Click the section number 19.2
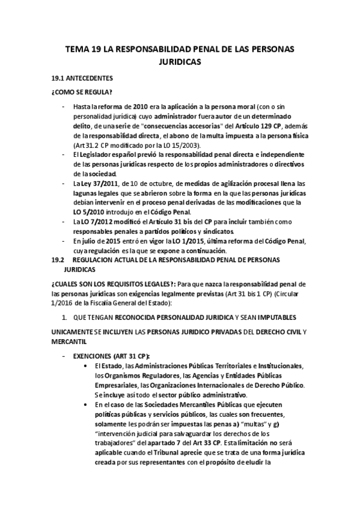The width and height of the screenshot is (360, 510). point(58,260)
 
